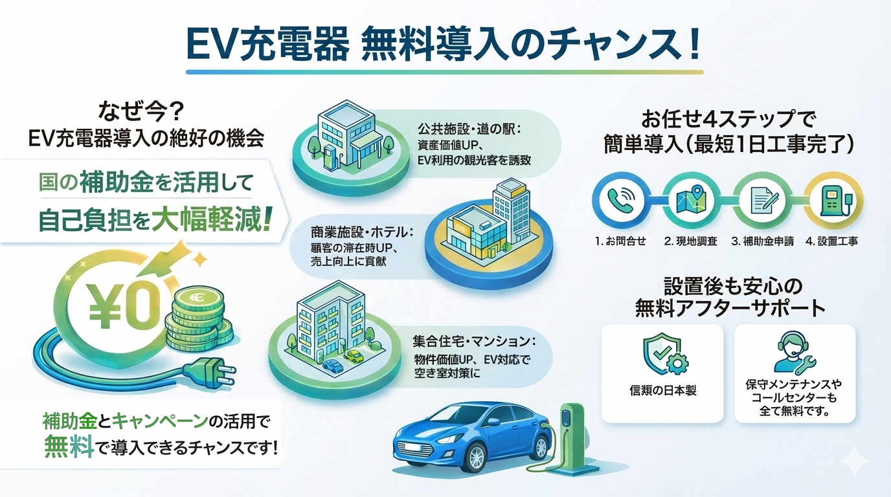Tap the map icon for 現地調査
tap(688, 200)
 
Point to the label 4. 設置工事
tap(831, 241)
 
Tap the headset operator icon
tap(793, 353)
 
